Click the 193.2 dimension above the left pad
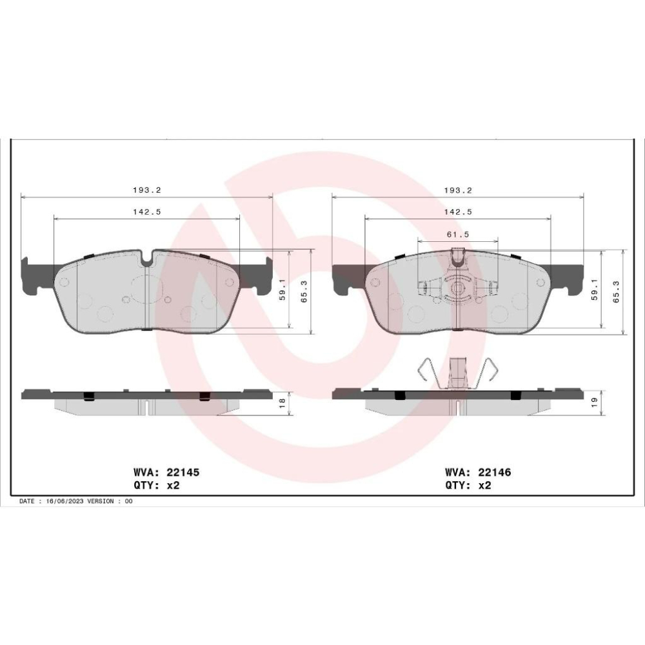coord(147,190)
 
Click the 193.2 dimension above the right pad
coord(458,190)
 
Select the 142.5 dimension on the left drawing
coord(147,212)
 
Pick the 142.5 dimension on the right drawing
coord(458,212)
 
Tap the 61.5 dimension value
coord(458,234)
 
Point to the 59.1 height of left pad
coord(283,290)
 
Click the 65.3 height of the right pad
coord(616,292)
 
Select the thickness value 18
coord(283,402)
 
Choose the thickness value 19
coord(593,402)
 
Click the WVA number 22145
coord(183,472)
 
